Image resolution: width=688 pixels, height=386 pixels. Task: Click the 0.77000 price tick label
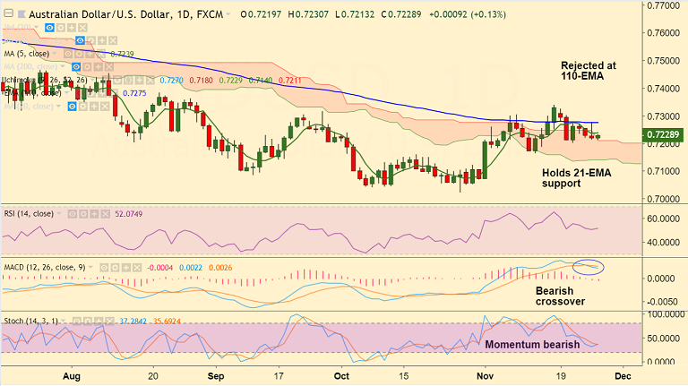(665, 5)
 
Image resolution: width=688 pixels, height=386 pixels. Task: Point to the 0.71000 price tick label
(665, 170)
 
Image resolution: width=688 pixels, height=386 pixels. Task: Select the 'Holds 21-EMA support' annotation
(575, 176)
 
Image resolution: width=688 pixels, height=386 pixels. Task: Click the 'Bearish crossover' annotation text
(561, 296)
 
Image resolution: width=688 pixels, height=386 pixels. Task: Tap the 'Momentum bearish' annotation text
(532, 344)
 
